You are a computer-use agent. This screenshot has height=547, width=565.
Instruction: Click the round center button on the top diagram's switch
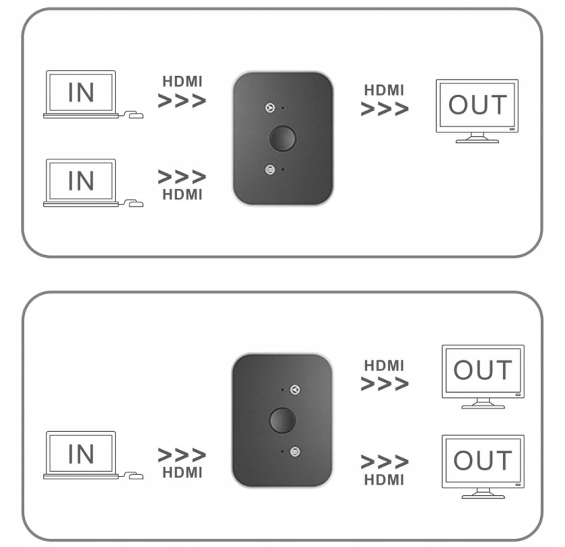tap(282, 138)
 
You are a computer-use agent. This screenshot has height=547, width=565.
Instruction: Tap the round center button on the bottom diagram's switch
tap(282, 420)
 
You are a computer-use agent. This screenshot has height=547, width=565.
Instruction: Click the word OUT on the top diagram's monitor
tap(478, 105)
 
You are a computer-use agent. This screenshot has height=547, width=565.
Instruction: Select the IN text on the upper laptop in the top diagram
tap(81, 93)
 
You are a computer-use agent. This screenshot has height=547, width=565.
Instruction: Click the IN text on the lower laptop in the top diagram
tap(81, 181)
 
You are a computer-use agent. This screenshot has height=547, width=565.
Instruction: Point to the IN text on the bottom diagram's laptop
tap(81, 454)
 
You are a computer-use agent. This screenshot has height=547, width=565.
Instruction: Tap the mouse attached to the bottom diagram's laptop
tap(136, 476)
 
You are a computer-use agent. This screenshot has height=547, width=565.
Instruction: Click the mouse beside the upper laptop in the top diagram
tap(136, 116)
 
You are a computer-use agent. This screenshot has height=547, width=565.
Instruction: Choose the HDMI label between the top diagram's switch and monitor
tap(384, 90)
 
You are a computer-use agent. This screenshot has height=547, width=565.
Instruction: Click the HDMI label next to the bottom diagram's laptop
tap(182, 473)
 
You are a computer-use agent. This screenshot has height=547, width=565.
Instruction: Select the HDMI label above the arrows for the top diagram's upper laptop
tap(182, 82)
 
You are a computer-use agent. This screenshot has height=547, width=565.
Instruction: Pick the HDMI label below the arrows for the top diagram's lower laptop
tap(182, 195)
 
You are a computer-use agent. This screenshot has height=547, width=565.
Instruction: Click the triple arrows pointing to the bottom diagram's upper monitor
tap(384, 384)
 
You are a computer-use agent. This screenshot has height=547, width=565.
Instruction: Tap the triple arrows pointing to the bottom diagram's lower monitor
tap(384, 462)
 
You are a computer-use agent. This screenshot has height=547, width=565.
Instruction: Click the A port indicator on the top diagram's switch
tap(270, 108)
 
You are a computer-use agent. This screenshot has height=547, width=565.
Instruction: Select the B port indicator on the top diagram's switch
tap(270, 169)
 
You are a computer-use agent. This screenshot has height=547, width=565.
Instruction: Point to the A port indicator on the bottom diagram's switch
tap(295, 390)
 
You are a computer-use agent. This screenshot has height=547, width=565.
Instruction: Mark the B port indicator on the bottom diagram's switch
tap(295, 452)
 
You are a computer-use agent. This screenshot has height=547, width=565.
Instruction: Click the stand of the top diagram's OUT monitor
tap(477, 138)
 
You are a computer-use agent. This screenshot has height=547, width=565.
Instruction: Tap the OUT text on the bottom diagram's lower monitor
tap(483, 460)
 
